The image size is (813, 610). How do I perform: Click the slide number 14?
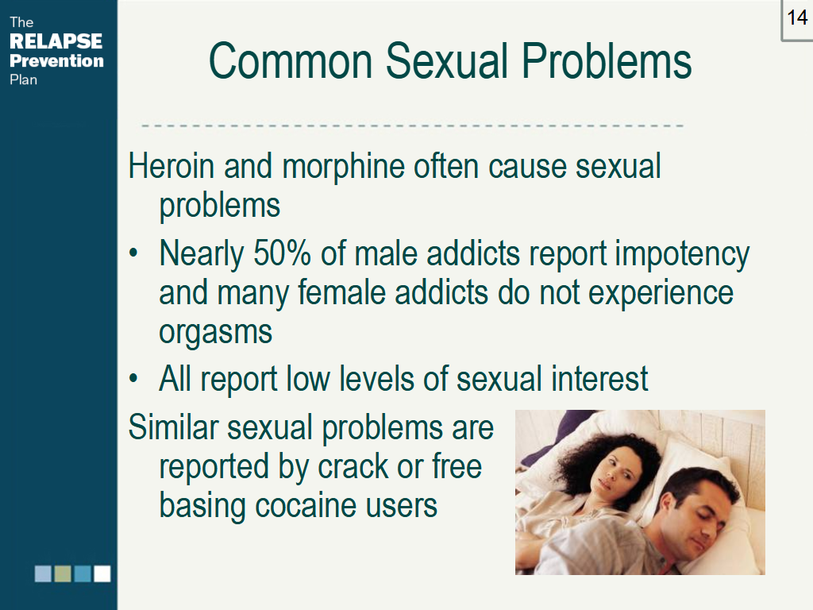click(x=797, y=18)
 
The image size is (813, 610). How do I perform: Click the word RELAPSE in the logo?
click(x=56, y=41)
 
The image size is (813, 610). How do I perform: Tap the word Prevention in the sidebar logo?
click(x=56, y=60)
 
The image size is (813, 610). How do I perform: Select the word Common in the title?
click(x=291, y=61)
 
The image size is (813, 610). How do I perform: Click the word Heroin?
click(x=171, y=167)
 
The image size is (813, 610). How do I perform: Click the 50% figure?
click(x=282, y=253)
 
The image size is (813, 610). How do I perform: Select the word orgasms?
click(x=216, y=332)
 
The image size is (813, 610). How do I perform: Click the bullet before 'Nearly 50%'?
click(x=133, y=253)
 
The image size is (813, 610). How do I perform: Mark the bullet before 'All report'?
click(x=133, y=378)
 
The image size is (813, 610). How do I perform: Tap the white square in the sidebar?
click(x=102, y=573)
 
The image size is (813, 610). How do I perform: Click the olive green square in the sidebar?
click(x=63, y=573)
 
